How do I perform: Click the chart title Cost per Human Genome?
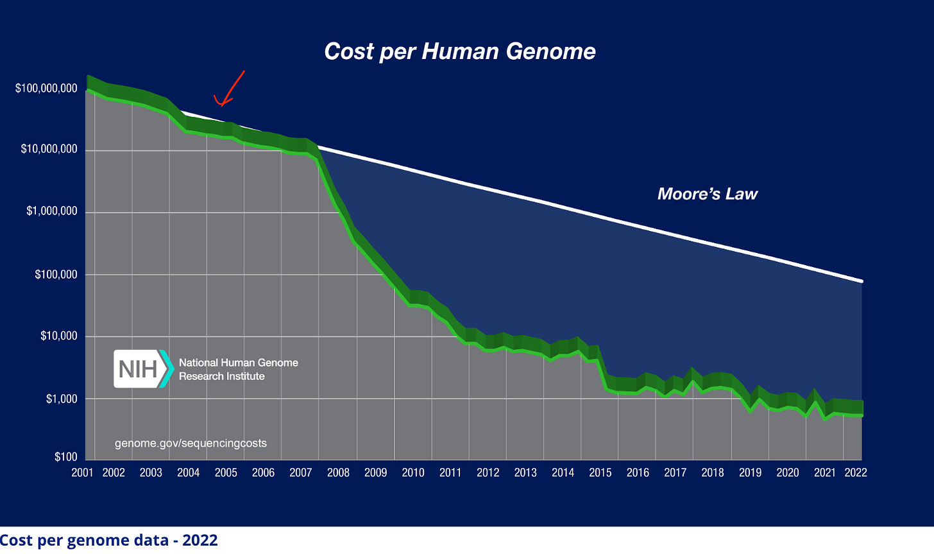click(460, 51)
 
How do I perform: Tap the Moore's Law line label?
click(707, 194)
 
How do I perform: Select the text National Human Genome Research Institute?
click(238, 369)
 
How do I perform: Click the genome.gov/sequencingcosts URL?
click(191, 443)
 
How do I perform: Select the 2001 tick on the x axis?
click(82, 473)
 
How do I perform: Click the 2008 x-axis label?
click(338, 473)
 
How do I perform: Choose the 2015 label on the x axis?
click(600, 473)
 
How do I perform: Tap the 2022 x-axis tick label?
click(856, 473)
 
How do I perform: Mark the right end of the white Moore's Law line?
click(862, 281)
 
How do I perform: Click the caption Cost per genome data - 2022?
click(109, 541)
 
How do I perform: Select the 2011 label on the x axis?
click(450, 473)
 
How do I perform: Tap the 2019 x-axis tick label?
click(750, 473)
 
